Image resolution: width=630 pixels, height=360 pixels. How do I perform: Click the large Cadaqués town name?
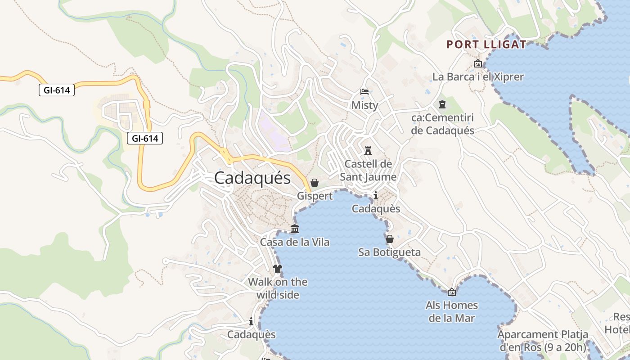point(252,178)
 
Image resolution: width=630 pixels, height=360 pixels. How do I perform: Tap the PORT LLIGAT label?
point(486,45)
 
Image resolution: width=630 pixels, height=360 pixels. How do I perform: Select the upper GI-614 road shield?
point(56,90)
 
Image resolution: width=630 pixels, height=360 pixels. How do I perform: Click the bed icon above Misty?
point(364,92)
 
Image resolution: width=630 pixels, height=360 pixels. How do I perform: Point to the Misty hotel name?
point(364,105)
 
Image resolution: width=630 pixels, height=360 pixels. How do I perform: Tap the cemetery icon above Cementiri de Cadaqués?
point(442,104)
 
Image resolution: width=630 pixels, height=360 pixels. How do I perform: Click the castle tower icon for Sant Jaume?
point(368,150)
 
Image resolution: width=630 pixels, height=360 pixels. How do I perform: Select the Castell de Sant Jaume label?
point(368,170)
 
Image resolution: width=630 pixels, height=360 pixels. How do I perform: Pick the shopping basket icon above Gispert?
point(315,183)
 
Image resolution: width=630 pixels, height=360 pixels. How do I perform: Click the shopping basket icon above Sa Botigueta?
point(390,239)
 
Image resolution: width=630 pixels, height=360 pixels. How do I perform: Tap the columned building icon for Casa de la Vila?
point(295,229)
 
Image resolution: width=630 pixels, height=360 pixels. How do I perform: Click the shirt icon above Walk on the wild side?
point(278,269)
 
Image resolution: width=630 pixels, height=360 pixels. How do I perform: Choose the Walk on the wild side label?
point(278,288)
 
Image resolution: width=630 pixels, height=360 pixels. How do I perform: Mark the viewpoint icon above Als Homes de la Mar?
point(452,292)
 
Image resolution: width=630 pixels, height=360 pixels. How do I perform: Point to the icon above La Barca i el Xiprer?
point(478,63)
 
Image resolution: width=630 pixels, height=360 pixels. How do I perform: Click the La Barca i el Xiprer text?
point(478,77)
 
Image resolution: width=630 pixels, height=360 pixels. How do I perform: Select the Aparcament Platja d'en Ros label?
point(543,341)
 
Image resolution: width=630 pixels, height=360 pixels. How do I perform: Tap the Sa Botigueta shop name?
point(390,252)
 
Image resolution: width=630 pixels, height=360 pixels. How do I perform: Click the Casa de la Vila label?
point(295,242)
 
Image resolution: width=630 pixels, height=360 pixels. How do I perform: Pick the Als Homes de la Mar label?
point(452,311)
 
